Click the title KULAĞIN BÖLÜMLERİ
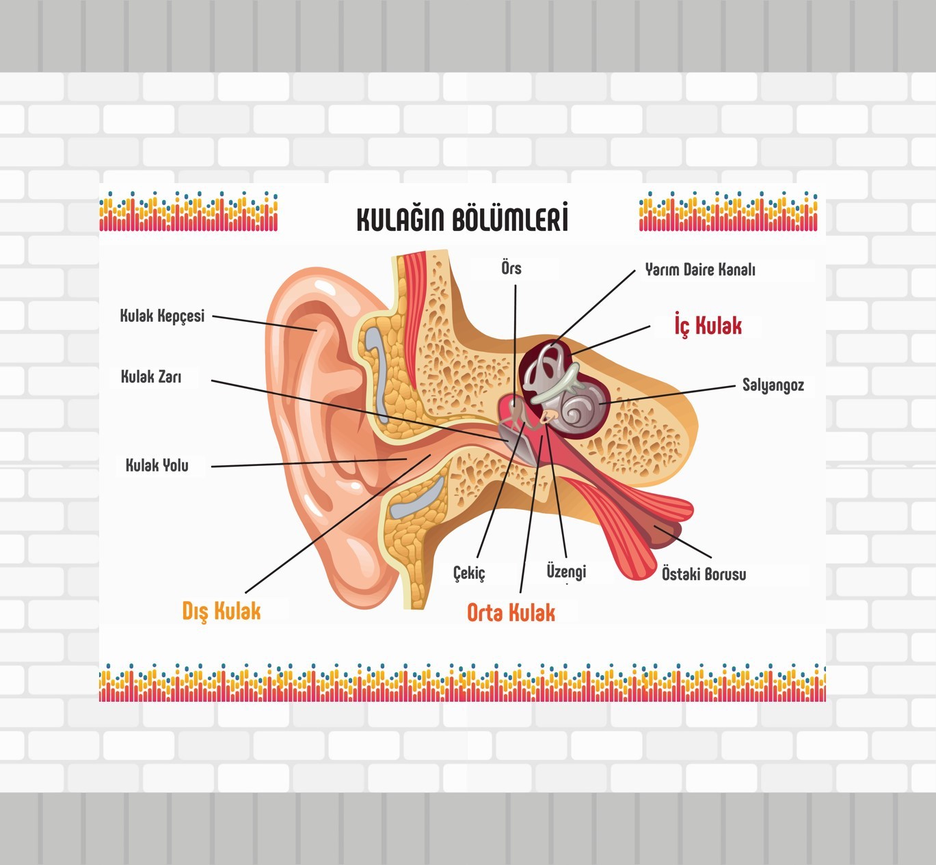pos(462,219)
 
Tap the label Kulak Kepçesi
pos(162,316)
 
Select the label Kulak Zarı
pos(151,376)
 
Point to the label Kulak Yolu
pos(157,465)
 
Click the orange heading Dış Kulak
pos(222,611)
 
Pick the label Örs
pos(511,268)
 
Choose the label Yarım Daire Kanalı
pos(700,270)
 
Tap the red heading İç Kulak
pos(708,325)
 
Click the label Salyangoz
pos(773,385)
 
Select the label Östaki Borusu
pos(704,574)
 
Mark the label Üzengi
pos(566,571)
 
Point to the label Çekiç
pos(469,573)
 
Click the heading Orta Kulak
pos(511,613)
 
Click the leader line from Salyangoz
pos(670,395)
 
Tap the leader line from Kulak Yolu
pos(308,463)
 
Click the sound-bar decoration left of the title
pos(189,212)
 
